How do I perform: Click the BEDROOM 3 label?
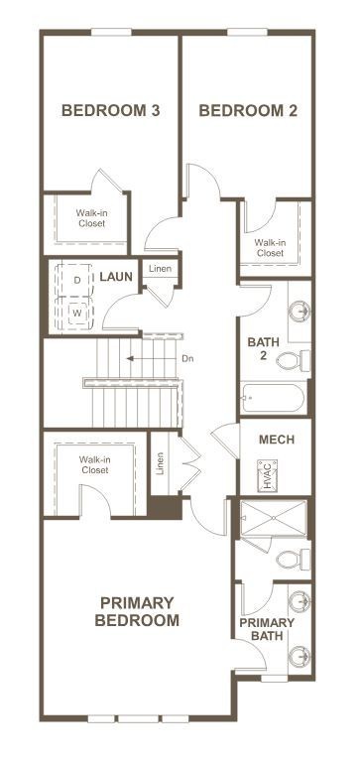pos(111,110)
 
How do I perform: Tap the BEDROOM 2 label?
pos(248,110)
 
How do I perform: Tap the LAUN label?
pos(115,276)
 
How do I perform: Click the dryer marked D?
pos(78,281)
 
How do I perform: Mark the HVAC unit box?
pos(266,471)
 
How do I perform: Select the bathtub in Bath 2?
pos(273,401)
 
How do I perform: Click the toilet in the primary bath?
pos(291,561)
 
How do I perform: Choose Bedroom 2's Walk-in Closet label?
pos(270,247)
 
